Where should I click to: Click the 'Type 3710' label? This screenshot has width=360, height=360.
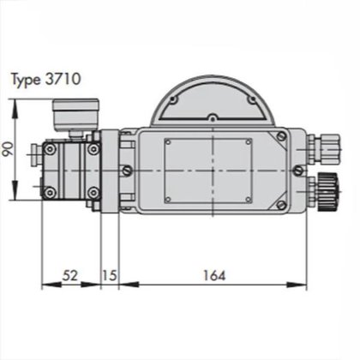pos(45,80)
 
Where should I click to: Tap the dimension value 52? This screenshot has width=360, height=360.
pos(71,276)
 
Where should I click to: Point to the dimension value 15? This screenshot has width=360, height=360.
pos(110,276)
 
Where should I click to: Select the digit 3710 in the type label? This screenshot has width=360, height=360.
pos(63,80)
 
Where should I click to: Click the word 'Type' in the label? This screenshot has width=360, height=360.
pos(27,80)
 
